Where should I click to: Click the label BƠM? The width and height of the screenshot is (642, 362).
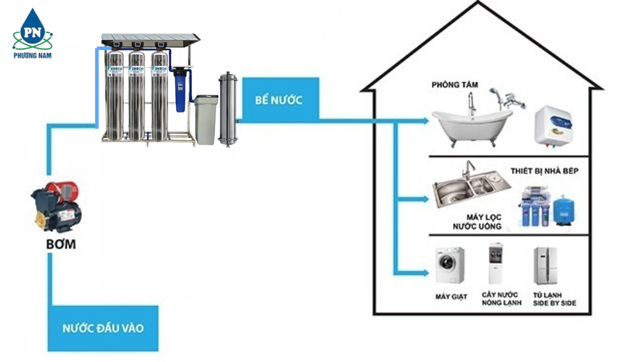click(61, 243)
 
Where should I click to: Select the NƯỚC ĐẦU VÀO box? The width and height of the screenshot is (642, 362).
click(103, 328)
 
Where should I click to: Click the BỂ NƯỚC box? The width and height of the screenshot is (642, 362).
click(279, 99)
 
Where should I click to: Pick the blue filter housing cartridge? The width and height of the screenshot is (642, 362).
click(181, 92)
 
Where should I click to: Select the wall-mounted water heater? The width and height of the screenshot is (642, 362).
click(553, 126)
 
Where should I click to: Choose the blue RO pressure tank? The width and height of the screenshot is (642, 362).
click(566, 210)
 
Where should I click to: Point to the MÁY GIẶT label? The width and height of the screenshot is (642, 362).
click(451, 296)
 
